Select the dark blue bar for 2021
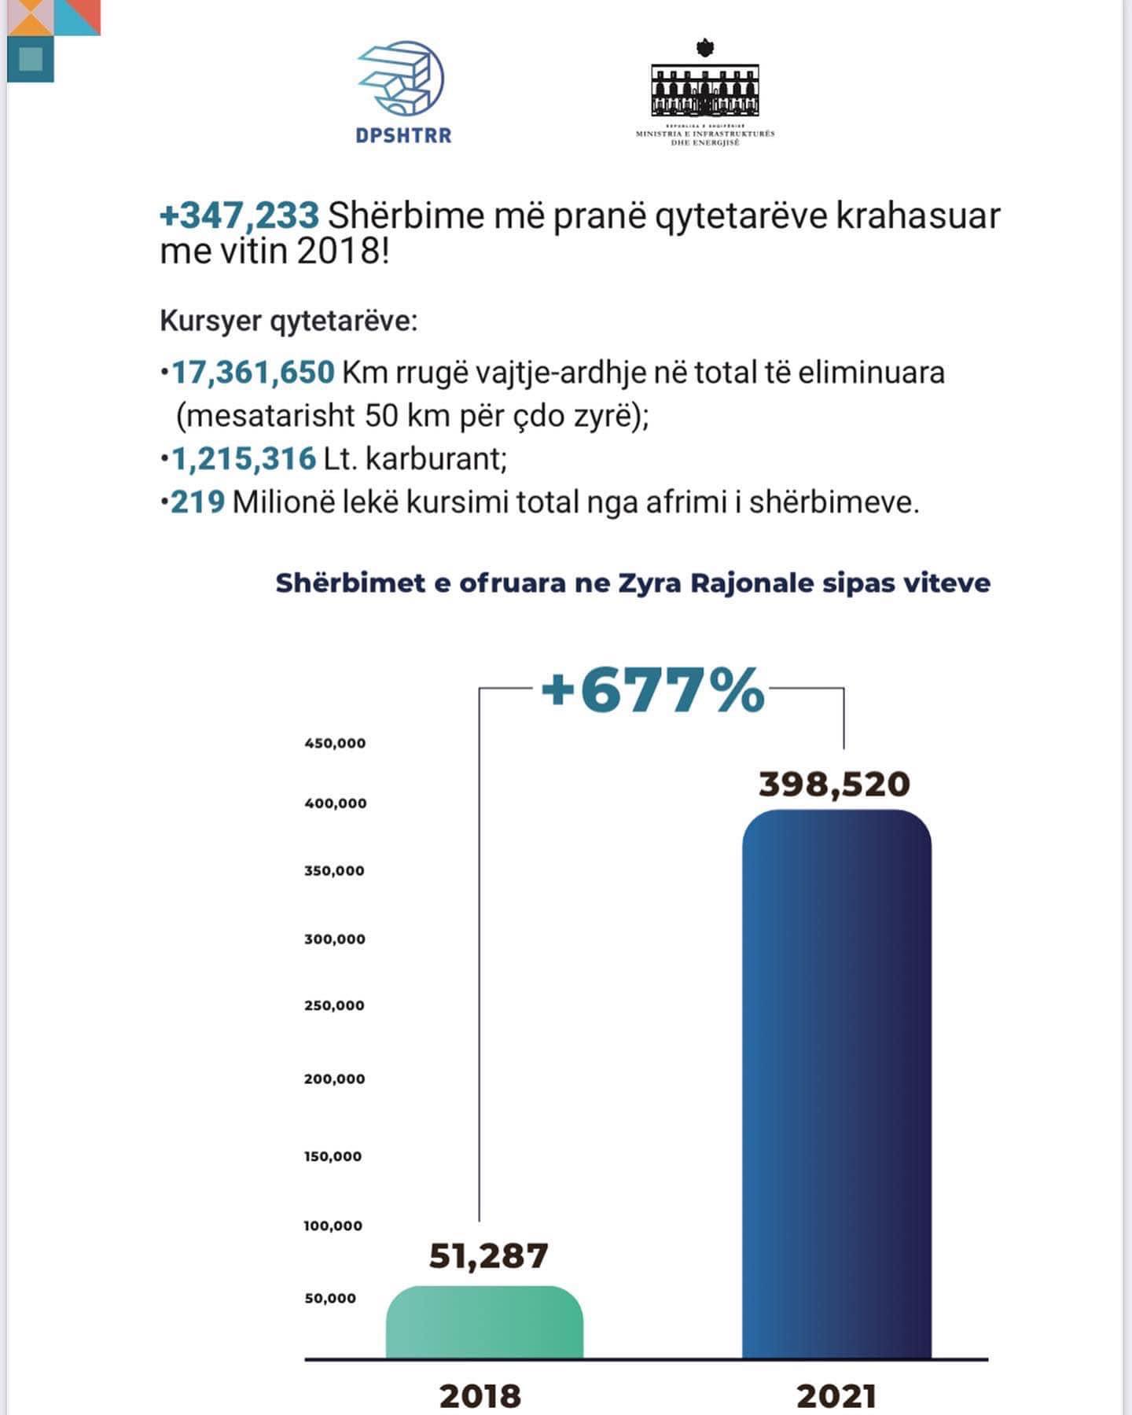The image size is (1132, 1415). pyautogui.click(x=836, y=1085)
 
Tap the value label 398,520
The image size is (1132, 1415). pyautogui.click(x=834, y=785)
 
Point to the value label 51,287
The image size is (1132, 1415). pyautogui.click(x=488, y=1255)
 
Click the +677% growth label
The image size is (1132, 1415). pyautogui.click(x=652, y=690)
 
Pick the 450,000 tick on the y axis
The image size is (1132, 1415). pyautogui.click(x=335, y=743)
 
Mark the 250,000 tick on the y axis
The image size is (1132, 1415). pyautogui.click(x=334, y=1005)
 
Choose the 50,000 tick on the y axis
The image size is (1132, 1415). pyautogui.click(x=330, y=1298)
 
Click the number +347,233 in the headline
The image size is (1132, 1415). pyautogui.click(x=240, y=215)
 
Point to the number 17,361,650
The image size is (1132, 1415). pyautogui.click(x=253, y=372)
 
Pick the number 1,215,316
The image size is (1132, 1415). pyautogui.click(x=243, y=458)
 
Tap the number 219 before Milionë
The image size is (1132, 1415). pyautogui.click(x=198, y=502)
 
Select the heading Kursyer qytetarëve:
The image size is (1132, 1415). pyautogui.click(x=289, y=321)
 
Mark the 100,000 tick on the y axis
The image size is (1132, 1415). pyautogui.click(x=333, y=1226)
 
